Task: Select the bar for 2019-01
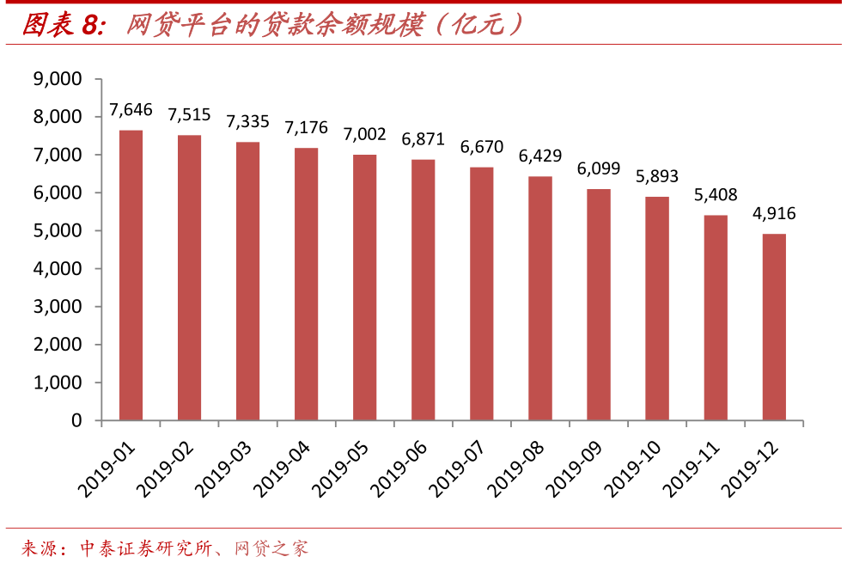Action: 131,275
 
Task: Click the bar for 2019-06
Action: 423,290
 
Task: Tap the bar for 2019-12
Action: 774,327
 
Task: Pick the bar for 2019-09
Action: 599,304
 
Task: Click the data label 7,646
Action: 131,109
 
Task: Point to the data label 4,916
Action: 774,213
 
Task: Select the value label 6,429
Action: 540,156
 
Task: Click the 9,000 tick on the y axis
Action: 57,79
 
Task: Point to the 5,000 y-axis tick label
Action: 57,231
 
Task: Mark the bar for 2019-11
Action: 716,317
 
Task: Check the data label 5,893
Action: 657,176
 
